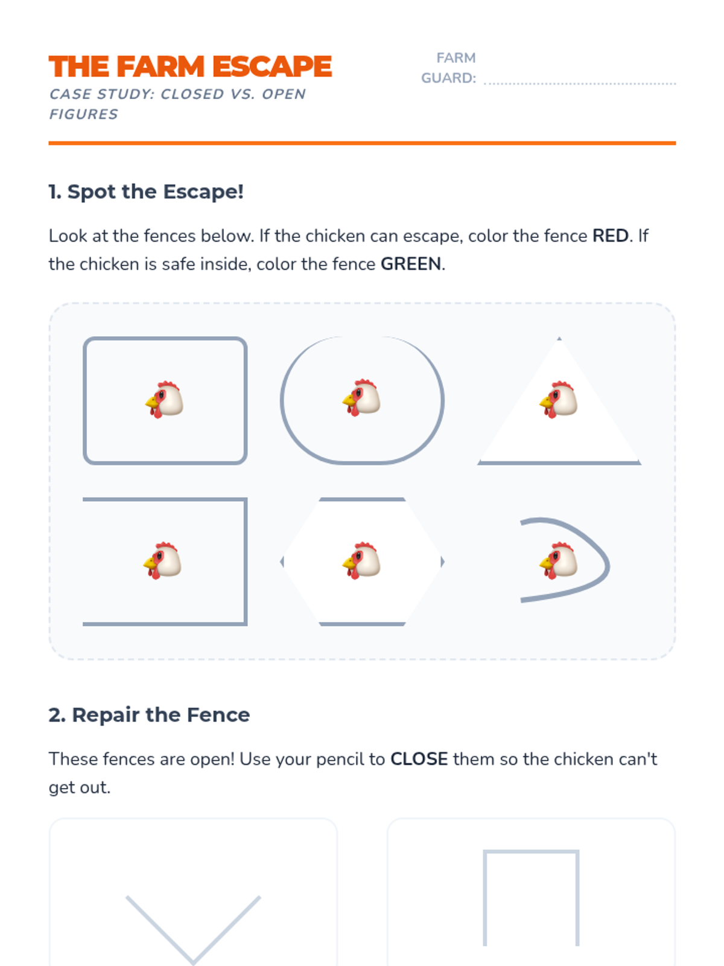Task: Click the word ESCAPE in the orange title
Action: point(272,66)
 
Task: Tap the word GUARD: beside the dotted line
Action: point(448,78)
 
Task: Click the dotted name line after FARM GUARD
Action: point(579,83)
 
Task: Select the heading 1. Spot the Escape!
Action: point(146,191)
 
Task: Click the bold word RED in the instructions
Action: point(610,235)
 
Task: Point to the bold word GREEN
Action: point(411,264)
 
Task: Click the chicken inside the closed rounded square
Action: point(164,400)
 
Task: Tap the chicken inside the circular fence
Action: point(361,397)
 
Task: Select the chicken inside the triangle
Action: point(558,400)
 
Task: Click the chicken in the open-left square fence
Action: point(162,560)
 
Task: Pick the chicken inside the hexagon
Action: point(361,560)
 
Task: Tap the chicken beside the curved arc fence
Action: point(558,560)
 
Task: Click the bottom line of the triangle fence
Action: point(559,462)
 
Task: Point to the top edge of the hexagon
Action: point(362,499)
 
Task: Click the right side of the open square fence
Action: point(246,561)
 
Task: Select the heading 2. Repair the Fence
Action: point(149,714)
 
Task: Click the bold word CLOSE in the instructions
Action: point(419,759)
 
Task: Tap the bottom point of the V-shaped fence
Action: point(193,962)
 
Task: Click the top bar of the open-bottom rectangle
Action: point(531,851)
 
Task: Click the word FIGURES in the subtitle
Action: point(83,114)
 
